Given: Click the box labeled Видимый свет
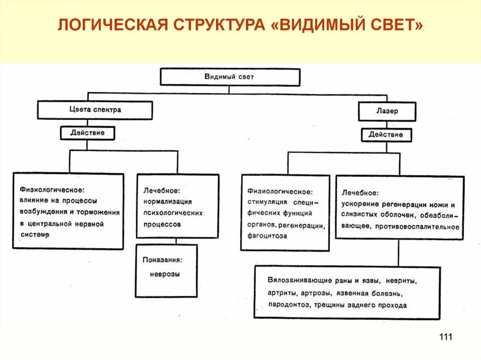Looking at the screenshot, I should coord(230,77).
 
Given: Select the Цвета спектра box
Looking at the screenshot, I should coord(95,110).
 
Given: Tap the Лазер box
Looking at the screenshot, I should coord(387,112).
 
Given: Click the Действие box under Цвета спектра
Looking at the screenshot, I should coord(87,133).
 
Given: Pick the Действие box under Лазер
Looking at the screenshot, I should coord(386,135).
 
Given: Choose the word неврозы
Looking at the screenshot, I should coord(165,274).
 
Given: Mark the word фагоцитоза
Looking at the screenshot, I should coord(267,236).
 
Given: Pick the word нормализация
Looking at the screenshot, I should coord(167,202).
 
